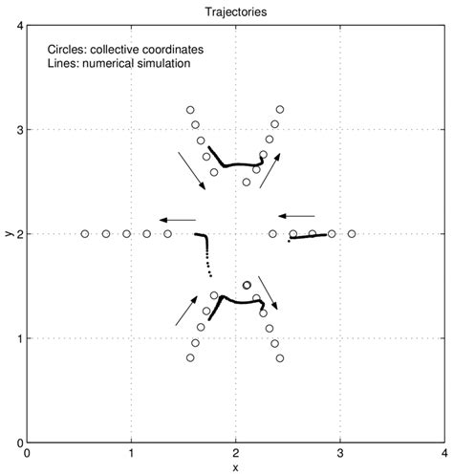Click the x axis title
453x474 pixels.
point(235,466)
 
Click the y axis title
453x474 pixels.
point(9,233)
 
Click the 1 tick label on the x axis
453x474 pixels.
point(131,454)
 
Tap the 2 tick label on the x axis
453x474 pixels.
point(235,454)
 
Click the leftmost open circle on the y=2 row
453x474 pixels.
point(85,233)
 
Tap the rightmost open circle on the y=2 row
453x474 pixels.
point(352,233)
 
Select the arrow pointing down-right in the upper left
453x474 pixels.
point(191,170)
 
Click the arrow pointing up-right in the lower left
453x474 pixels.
point(190,311)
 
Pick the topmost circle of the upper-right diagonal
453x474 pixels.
point(280,110)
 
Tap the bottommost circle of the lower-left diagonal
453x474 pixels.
point(190,357)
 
